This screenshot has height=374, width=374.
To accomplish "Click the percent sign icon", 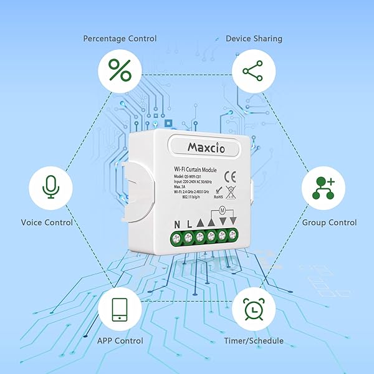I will tap(120, 70).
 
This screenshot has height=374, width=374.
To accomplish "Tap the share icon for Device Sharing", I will tap(253, 70).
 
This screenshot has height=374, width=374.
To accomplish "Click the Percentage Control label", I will tap(120, 39).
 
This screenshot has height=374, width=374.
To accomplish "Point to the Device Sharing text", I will tap(254, 39).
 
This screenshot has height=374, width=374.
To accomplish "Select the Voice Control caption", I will tap(47, 223).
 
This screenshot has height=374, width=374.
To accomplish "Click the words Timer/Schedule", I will tap(254, 341).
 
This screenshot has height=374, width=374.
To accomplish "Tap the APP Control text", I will tap(120, 341).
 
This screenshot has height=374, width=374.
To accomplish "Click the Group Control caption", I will tap(329, 223).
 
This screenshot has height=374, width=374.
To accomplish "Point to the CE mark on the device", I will tap(229, 175).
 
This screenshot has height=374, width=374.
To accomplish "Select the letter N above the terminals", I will tap(177, 224).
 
